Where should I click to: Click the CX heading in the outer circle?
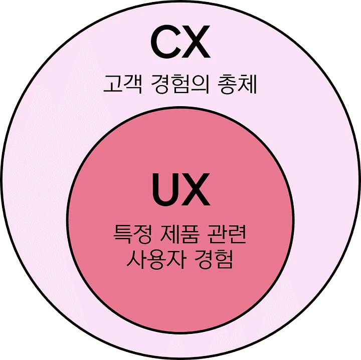179,44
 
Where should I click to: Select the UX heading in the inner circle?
180,190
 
